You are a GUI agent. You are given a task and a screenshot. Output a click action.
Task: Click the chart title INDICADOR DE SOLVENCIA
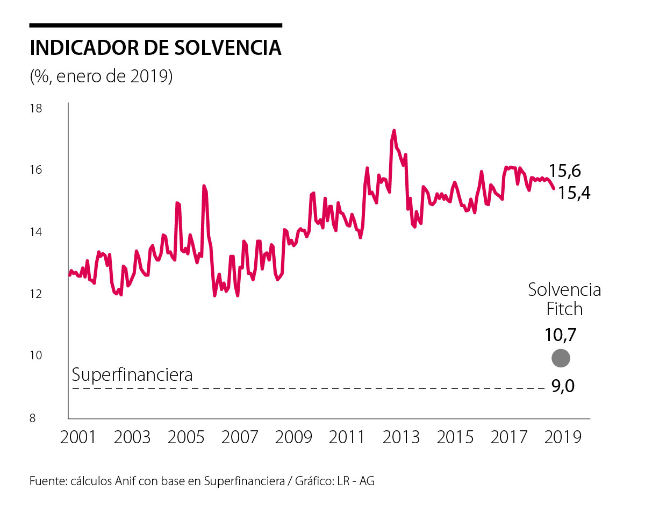[x=156, y=47]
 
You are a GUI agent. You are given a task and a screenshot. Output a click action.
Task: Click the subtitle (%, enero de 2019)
[x=101, y=76]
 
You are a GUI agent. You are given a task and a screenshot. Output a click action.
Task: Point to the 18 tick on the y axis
[x=36, y=109]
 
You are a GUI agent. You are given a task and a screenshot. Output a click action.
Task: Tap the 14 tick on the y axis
[x=36, y=232]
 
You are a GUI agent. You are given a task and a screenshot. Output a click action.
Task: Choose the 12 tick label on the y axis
[x=36, y=294]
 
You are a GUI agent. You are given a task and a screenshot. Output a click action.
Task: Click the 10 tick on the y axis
[x=36, y=356]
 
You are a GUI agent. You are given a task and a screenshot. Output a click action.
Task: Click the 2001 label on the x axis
[x=78, y=436]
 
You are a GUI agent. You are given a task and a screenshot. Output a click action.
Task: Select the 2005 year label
[x=186, y=436]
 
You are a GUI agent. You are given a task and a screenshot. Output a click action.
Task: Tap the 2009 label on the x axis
[x=293, y=436]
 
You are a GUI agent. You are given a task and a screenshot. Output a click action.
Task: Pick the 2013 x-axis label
[x=402, y=436]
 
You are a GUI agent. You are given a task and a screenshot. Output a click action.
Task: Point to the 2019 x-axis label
[x=563, y=436]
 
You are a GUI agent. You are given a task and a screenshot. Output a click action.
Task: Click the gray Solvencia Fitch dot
[x=561, y=358]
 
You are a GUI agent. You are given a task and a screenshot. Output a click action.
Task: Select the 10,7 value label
[x=561, y=335]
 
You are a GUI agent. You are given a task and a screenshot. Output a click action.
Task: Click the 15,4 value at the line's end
[x=574, y=192]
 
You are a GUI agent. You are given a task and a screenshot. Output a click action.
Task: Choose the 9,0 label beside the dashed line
[x=563, y=386]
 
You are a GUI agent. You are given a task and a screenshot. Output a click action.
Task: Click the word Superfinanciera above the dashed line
[x=132, y=374]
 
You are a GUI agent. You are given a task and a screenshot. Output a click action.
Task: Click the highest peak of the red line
[x=394, y=130]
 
